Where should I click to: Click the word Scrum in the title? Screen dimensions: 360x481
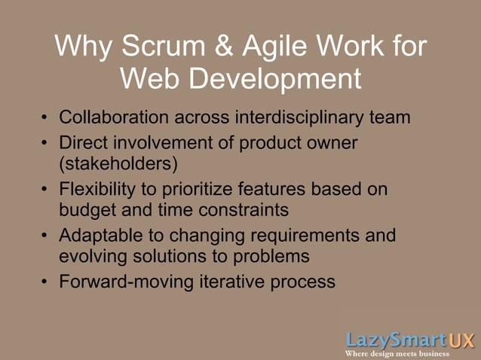point(161,47)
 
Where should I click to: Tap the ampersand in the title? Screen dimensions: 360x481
point(225,47)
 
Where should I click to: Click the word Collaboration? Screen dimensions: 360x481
point(115,117)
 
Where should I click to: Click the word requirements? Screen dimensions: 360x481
point(290,235)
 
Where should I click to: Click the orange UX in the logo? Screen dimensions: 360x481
point(460,340)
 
